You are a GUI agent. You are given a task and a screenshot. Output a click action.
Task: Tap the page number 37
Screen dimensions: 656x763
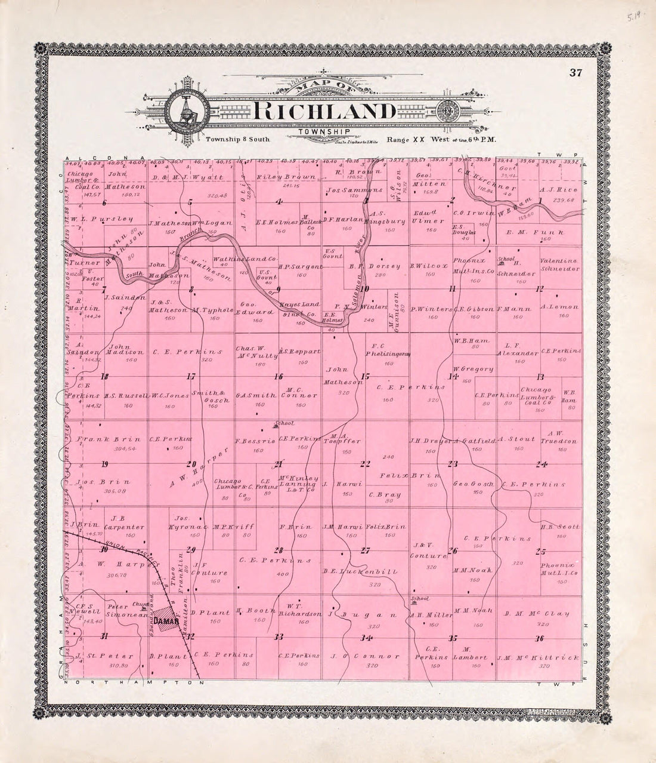(x=575, y=73)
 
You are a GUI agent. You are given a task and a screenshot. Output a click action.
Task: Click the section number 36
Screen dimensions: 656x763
(x=540, y=638)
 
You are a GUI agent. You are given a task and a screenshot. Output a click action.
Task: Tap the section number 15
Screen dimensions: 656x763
(x=366, y=376)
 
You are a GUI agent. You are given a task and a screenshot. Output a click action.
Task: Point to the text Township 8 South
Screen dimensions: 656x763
(x=238, y=139)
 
